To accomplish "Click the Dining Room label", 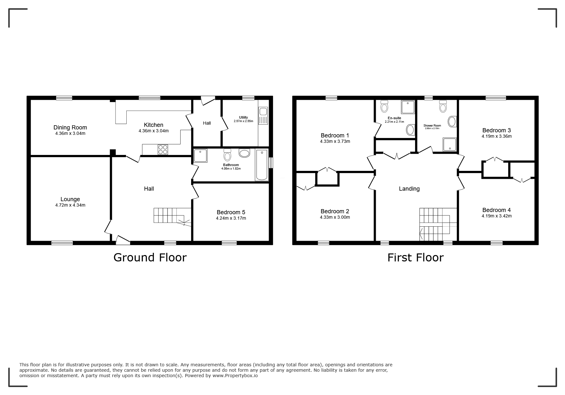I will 70,128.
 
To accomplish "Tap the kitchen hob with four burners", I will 163,150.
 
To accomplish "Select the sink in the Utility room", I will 263,112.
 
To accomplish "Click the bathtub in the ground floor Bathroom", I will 262,165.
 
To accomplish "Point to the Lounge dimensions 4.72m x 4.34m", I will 70,205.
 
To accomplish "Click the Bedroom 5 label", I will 231,212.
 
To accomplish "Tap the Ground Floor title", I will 150,257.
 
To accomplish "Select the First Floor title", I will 415,257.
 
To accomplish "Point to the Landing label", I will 409,189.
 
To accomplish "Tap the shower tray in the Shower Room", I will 450,144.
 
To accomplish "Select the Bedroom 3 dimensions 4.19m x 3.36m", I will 496,136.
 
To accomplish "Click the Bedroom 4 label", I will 496,210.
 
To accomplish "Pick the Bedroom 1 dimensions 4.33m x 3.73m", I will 335,142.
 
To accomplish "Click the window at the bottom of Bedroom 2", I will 323,243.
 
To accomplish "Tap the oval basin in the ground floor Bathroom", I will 244,153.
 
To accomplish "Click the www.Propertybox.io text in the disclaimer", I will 235,376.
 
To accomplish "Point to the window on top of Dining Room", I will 64,98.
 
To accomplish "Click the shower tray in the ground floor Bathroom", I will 201,156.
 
